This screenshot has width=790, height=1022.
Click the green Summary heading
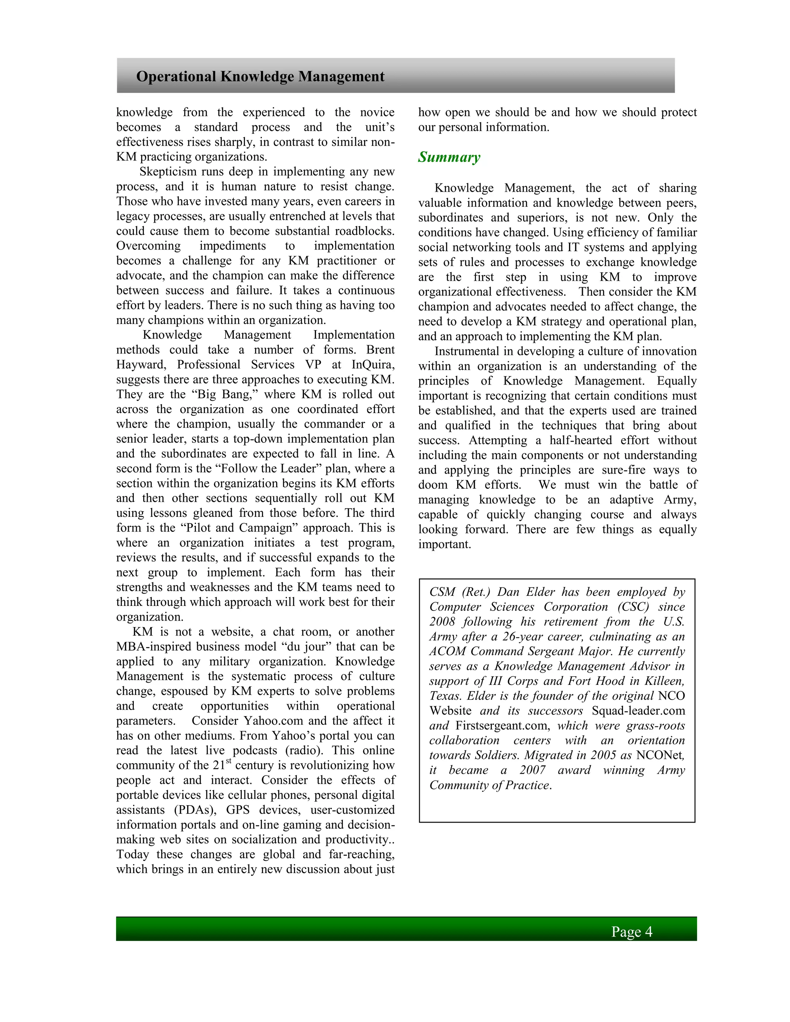449,157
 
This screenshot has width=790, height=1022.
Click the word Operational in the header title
176,76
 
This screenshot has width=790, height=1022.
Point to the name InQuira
373,364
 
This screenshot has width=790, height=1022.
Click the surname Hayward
140,364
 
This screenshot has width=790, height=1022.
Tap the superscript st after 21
229,761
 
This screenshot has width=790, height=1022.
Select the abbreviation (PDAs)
193,810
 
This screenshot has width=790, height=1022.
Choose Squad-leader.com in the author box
638,711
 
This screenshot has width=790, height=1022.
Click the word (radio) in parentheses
303,750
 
